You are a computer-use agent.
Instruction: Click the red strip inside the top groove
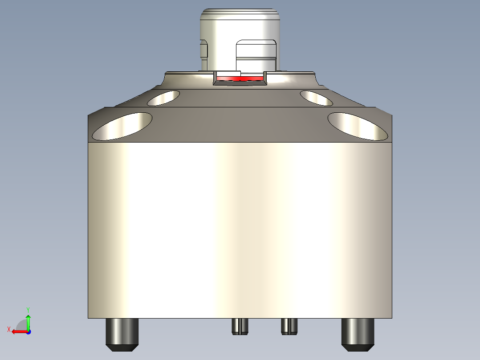240,79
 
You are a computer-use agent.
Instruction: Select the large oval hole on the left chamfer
122,126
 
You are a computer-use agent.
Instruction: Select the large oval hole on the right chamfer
358,126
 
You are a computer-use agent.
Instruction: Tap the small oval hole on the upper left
163,98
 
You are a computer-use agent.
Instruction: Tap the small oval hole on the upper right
316,98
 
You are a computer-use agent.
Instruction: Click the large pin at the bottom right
357,334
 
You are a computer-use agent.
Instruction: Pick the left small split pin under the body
240,326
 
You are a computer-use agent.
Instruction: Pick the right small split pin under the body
289,326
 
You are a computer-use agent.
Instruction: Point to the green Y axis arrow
28,320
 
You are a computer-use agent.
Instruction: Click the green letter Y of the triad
28,309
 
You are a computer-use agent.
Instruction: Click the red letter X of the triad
8,329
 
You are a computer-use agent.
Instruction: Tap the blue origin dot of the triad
28,331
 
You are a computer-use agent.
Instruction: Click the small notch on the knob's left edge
204,49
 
